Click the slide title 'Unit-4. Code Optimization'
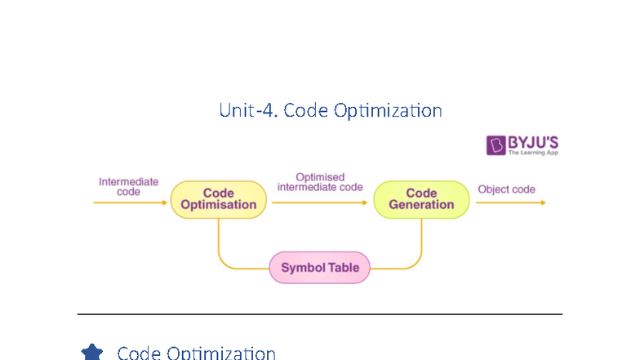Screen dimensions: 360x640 pyautogui.click(x=331, y=110)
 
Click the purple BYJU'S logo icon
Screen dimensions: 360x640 pyautogui.click(x=496, y=145)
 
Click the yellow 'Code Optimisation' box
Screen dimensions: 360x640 pyautogui.click(x=218, y=199)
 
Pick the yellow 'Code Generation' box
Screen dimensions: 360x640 pyautogui.click(x=421, y=199)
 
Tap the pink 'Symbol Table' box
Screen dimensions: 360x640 pyautogui.click(x=320, y=268)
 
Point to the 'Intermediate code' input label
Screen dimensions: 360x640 pyautogui.click(x=128, y=186)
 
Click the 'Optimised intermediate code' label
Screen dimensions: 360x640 pyautogui.click(x=320, y=182)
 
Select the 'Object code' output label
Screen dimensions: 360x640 pyautogui.click(x=506, y=189)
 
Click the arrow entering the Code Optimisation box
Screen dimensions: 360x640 pyautogui.click(x=131, y=202)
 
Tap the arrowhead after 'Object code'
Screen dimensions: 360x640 pyautogui.click(x=542, y=202)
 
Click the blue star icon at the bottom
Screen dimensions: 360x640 pyautogui.click(x=92, y=353)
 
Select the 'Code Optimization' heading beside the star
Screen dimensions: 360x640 pyautogui.click(x=196, y=353)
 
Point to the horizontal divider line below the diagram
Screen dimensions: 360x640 pyautogui.click(x=320, y=313)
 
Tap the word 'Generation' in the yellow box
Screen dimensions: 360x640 pyautogui.click(x=421, y=205)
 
